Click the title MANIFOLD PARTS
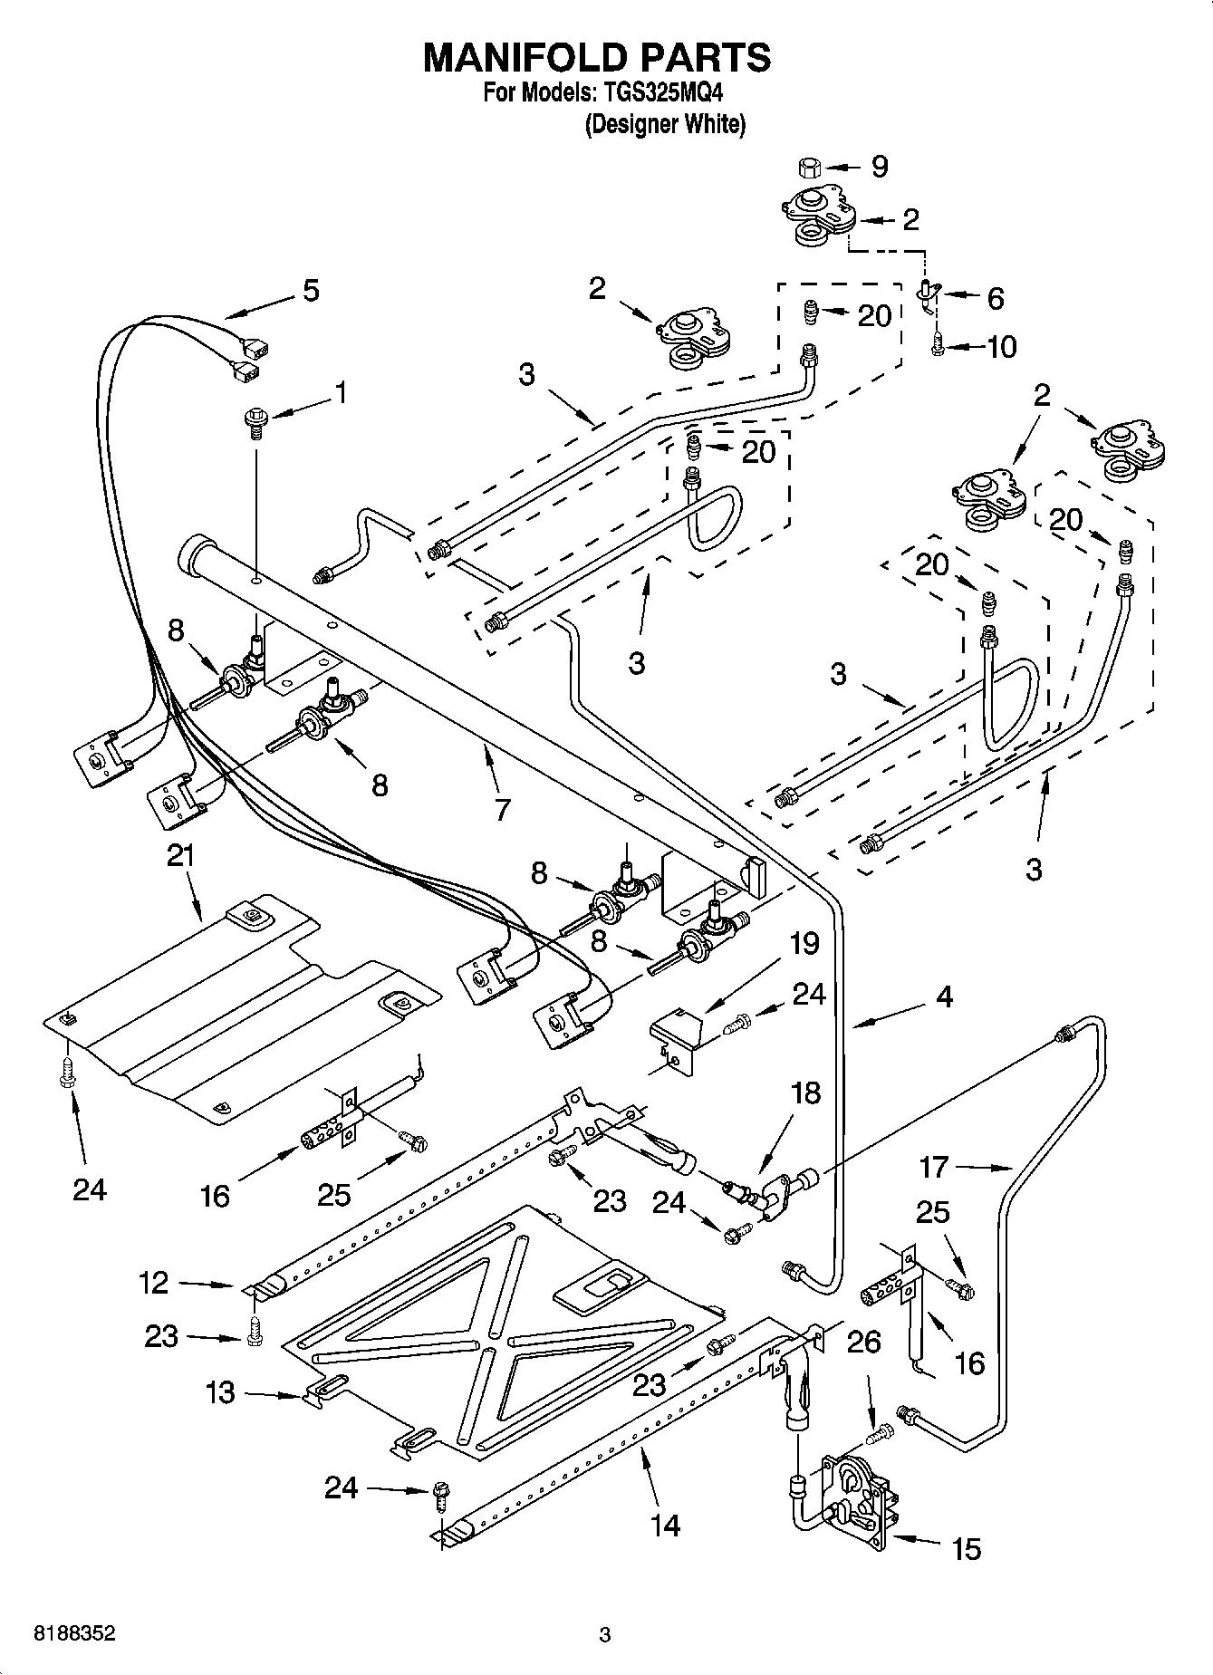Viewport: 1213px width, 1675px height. coord(597,57)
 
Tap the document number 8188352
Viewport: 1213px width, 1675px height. coord(74,1634)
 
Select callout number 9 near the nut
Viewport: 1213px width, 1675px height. coord(879,167)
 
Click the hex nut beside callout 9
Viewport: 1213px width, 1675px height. coord(810,168)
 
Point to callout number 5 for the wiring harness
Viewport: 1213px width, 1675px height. coord(311,291)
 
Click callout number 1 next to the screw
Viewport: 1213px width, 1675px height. coord(340,392)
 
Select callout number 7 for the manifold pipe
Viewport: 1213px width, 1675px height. coord(503,808)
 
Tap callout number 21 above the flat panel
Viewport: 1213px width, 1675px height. coord(181,856)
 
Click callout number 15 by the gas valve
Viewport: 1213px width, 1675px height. coord(967,1548)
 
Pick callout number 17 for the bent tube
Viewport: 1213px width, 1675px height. coord(933,1167)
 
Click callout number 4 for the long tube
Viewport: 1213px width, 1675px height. coord(944,996)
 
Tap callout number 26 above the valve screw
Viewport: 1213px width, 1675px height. coord(863,1341)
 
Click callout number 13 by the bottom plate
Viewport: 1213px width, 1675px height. coord(220,1392)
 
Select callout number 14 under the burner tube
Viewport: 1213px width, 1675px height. coord(665,1525)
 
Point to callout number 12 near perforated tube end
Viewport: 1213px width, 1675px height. coord(153,1282)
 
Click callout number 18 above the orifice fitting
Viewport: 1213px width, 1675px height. coord(804,1093)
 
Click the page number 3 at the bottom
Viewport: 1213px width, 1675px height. coord(605,1635)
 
